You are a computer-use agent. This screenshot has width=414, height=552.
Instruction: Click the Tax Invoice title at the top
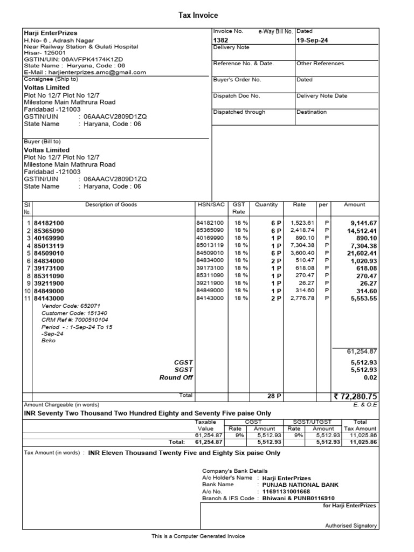coord(198,16)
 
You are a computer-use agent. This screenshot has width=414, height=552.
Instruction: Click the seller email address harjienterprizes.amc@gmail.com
coord(96,72)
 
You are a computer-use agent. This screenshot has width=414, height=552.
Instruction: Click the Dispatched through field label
coord(239,112)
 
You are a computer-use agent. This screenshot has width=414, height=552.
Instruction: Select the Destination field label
coord(312,112)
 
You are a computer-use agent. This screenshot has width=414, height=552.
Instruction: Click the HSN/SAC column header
coord(211,205)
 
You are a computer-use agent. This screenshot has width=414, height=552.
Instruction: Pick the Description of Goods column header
coord(111,205)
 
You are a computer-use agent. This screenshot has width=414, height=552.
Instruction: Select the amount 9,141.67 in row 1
coord(363,223)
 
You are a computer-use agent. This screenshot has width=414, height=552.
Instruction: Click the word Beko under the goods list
coord(48,341)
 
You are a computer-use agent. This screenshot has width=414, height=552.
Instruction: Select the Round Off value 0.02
coord(370,377)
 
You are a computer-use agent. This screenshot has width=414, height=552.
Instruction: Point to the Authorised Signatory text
coord(351,526)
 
